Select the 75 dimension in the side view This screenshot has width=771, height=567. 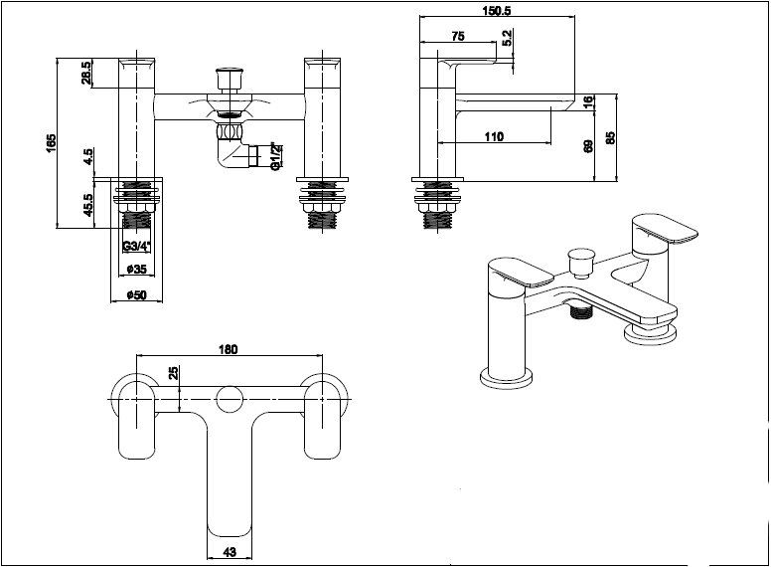pos(457,37)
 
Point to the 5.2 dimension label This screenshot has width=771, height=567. pos(507,38)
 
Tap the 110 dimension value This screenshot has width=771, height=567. pos(494,137)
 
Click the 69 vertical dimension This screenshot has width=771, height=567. pos(588,146)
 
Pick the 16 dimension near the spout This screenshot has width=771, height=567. pos(587,101)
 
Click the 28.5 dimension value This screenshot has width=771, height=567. pos(86,73)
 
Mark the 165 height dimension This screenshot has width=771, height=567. pos(52,143)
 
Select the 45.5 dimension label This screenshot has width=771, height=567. pos(87,205)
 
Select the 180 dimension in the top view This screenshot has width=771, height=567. pos(228,349)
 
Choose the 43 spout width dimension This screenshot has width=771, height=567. pos(228,552)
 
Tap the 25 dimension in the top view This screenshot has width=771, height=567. pos(174,373)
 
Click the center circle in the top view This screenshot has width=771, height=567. pos(229,399)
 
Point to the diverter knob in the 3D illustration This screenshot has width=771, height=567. pos(575,265)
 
